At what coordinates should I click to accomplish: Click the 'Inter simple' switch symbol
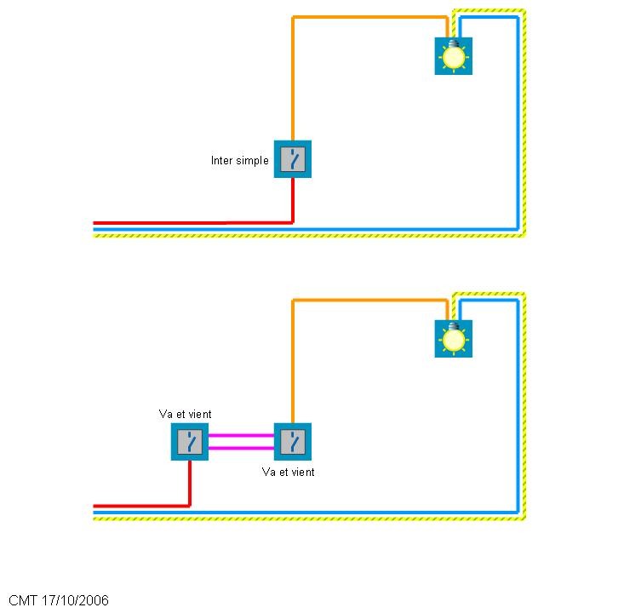pos(293,159)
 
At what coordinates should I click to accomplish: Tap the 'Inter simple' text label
pos(239,161)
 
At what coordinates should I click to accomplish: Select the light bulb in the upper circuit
pos(453,56)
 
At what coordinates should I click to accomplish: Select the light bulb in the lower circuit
pos(453,339)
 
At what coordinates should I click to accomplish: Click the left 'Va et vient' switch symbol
pos(190,441)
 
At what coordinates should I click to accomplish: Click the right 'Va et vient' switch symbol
pos(293,441)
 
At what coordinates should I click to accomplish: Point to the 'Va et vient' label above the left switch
pos(185,414)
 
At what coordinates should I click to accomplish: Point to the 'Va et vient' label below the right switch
pos(288,472)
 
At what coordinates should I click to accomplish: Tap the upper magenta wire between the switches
pos(241,435)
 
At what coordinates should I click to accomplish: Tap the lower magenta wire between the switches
pos(241,448)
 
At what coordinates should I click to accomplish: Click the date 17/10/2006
pos(75,600)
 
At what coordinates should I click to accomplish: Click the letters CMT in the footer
pos(23,600)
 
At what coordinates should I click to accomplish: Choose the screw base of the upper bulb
pos(453,43)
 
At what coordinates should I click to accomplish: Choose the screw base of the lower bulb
pos(453,326)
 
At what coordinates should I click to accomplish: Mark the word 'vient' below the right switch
pos(302,472)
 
